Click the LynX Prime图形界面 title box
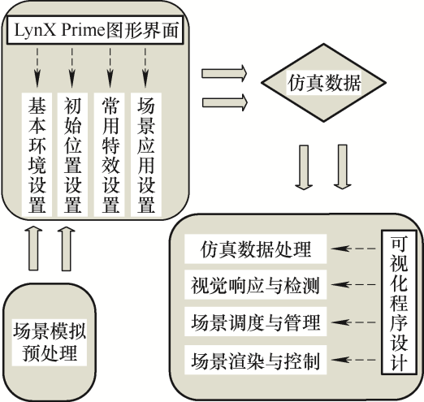95,30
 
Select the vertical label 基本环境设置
37,155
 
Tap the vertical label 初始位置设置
72,155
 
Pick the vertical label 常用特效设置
110,155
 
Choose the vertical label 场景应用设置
146,155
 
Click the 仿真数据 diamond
323,83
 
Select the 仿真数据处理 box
256,249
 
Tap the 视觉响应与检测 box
256,285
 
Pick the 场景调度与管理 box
256,322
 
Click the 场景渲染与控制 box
256,360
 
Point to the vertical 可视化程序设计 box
399,302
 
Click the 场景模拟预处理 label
50,342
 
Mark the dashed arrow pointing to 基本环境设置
37,67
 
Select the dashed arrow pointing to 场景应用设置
145,67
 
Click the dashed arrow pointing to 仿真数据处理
353,249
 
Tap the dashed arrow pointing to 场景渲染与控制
353,360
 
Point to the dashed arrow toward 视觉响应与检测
353,284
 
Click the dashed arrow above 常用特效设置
110,67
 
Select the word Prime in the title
83,30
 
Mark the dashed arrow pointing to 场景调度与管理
353,322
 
